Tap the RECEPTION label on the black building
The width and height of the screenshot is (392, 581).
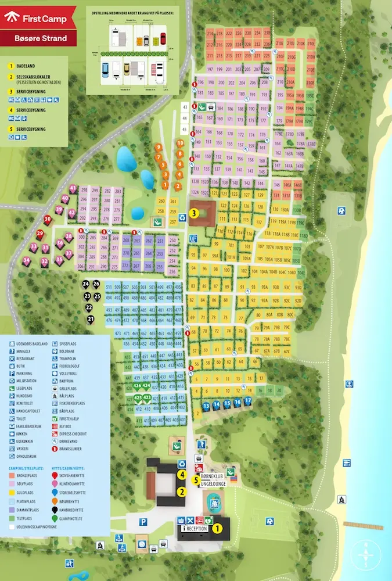point(199,529)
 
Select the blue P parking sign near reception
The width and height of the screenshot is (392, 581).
point(143,522)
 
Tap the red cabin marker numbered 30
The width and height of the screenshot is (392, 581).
point(47,219)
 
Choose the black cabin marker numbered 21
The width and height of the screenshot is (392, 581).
point(91,319)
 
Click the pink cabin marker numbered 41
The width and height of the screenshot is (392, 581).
point(73,188)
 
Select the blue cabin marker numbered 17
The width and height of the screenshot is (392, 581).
point(248,401)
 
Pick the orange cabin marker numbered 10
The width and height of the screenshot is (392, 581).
point(180,143)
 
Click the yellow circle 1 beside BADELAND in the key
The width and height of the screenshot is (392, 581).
point(10,67)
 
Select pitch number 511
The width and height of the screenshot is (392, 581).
point(109,288)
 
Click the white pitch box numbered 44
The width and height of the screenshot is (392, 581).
point(185,117)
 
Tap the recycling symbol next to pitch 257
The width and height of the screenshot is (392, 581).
point(157,221)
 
